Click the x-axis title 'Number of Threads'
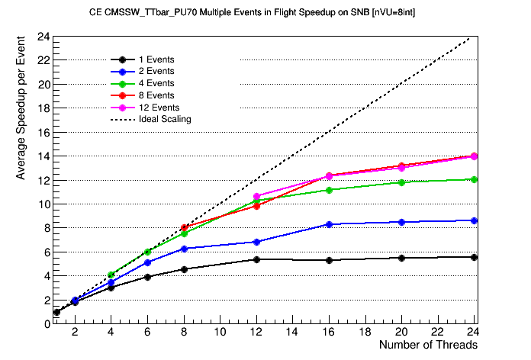point(428,345)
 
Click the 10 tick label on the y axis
point(44,204)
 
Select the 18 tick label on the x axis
point(365,333)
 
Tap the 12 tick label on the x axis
point(256,333)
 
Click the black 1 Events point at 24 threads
point(475,257)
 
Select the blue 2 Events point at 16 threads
point(329,224)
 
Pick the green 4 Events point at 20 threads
point(401,182)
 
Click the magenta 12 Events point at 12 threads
point(256,196)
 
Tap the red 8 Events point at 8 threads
point(184,227)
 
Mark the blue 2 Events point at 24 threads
point(475,220)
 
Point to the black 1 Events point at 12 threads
point(256,259)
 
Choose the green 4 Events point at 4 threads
point(111,275)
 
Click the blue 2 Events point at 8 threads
point(184,249)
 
